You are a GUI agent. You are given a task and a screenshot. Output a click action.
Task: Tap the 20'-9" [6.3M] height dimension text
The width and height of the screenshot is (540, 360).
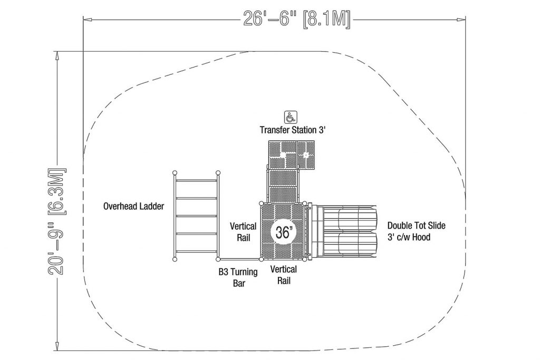pos(56,221)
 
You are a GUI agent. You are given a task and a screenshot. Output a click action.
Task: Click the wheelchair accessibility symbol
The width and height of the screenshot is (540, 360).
pos(291,117)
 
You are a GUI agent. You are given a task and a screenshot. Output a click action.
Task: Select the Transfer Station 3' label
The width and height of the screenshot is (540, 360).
pos(292,130)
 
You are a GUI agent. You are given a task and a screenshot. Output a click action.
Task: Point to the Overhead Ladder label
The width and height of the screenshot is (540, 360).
pos(133,206)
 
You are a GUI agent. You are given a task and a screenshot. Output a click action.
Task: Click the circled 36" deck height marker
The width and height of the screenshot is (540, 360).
pos(283,232)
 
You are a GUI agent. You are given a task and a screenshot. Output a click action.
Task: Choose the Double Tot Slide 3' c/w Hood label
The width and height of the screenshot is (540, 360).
pos(416,231)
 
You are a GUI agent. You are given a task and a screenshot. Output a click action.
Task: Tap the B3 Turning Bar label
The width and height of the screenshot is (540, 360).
pos(238,277)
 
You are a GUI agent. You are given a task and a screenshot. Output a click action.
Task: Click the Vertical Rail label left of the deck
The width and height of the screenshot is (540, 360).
pos(243,231)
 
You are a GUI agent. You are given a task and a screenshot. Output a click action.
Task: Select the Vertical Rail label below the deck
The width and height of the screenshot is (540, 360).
pos(283,275)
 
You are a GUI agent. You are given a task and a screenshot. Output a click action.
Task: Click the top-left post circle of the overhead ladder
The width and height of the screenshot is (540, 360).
pos(175,172)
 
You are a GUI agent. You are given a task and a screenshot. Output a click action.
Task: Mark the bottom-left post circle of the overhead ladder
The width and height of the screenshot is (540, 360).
pos(175,259)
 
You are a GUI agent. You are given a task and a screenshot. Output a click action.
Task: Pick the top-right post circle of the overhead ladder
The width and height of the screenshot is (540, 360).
pos(218,172)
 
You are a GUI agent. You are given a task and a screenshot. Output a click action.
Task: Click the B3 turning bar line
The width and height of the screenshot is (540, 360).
pos(239,259)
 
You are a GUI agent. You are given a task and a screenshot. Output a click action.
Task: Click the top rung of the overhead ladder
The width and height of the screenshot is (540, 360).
pos(196,180)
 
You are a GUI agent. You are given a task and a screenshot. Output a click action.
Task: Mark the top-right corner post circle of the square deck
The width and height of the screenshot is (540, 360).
pos(304,203)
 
